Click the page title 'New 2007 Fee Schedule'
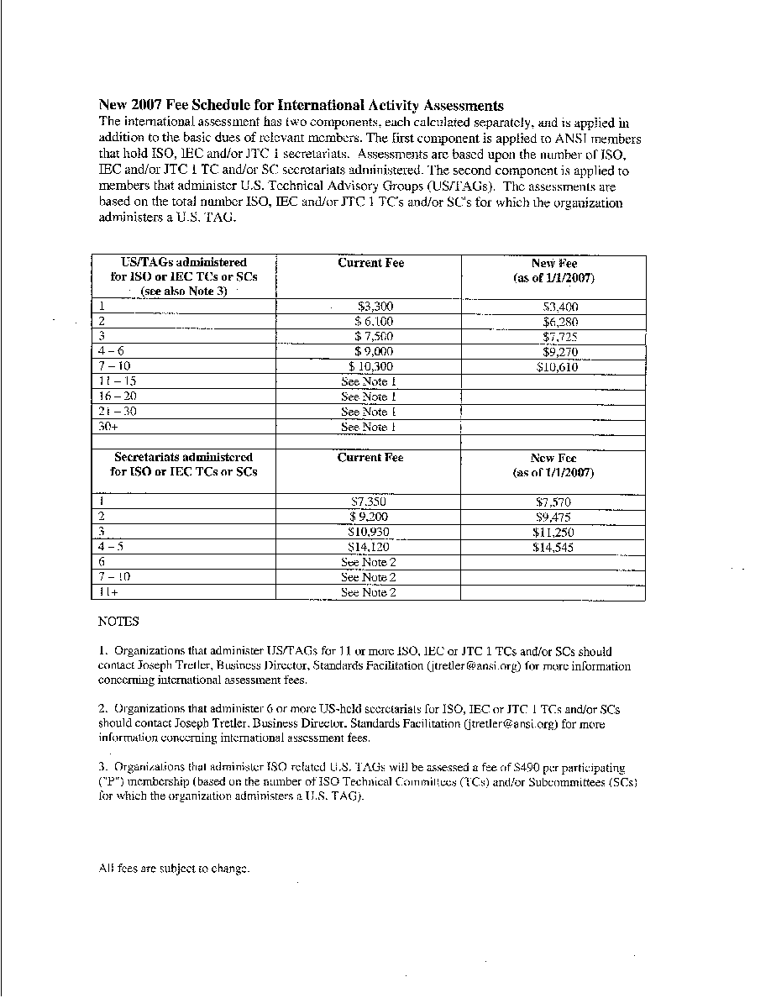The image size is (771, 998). pyautogui.click(x=302, y=106)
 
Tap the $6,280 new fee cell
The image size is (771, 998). pyautogui.click(x=560, y=322)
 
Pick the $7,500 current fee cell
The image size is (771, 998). pyautogui.click(x=373, y=337)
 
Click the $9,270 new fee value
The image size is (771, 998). pyautogui.click(x=560, y=352)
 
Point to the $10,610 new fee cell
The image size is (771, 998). pyautogui.click(x=558, y=367)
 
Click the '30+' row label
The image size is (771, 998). pyautogui.click(x=107, y=427)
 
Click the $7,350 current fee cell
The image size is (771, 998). pyautogui.click(x=368, y=502)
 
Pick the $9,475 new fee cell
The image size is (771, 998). pyautogui.click(x=553, y=517)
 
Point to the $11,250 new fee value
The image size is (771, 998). pyautogui.click(x=553, y=533)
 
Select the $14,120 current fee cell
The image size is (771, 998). pyautogui.click(x=368, y=548)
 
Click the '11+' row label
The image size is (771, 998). pyautogui.click(x=108, y=592)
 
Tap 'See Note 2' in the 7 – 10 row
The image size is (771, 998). pyautogui.click(x=368, y=578)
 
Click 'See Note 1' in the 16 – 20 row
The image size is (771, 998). pyautogui.click(x=368, y=397)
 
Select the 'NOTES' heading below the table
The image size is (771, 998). pyautogui.click(x=118, y=622)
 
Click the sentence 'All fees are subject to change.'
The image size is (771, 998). pyautogui.click(x=174, y=869)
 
